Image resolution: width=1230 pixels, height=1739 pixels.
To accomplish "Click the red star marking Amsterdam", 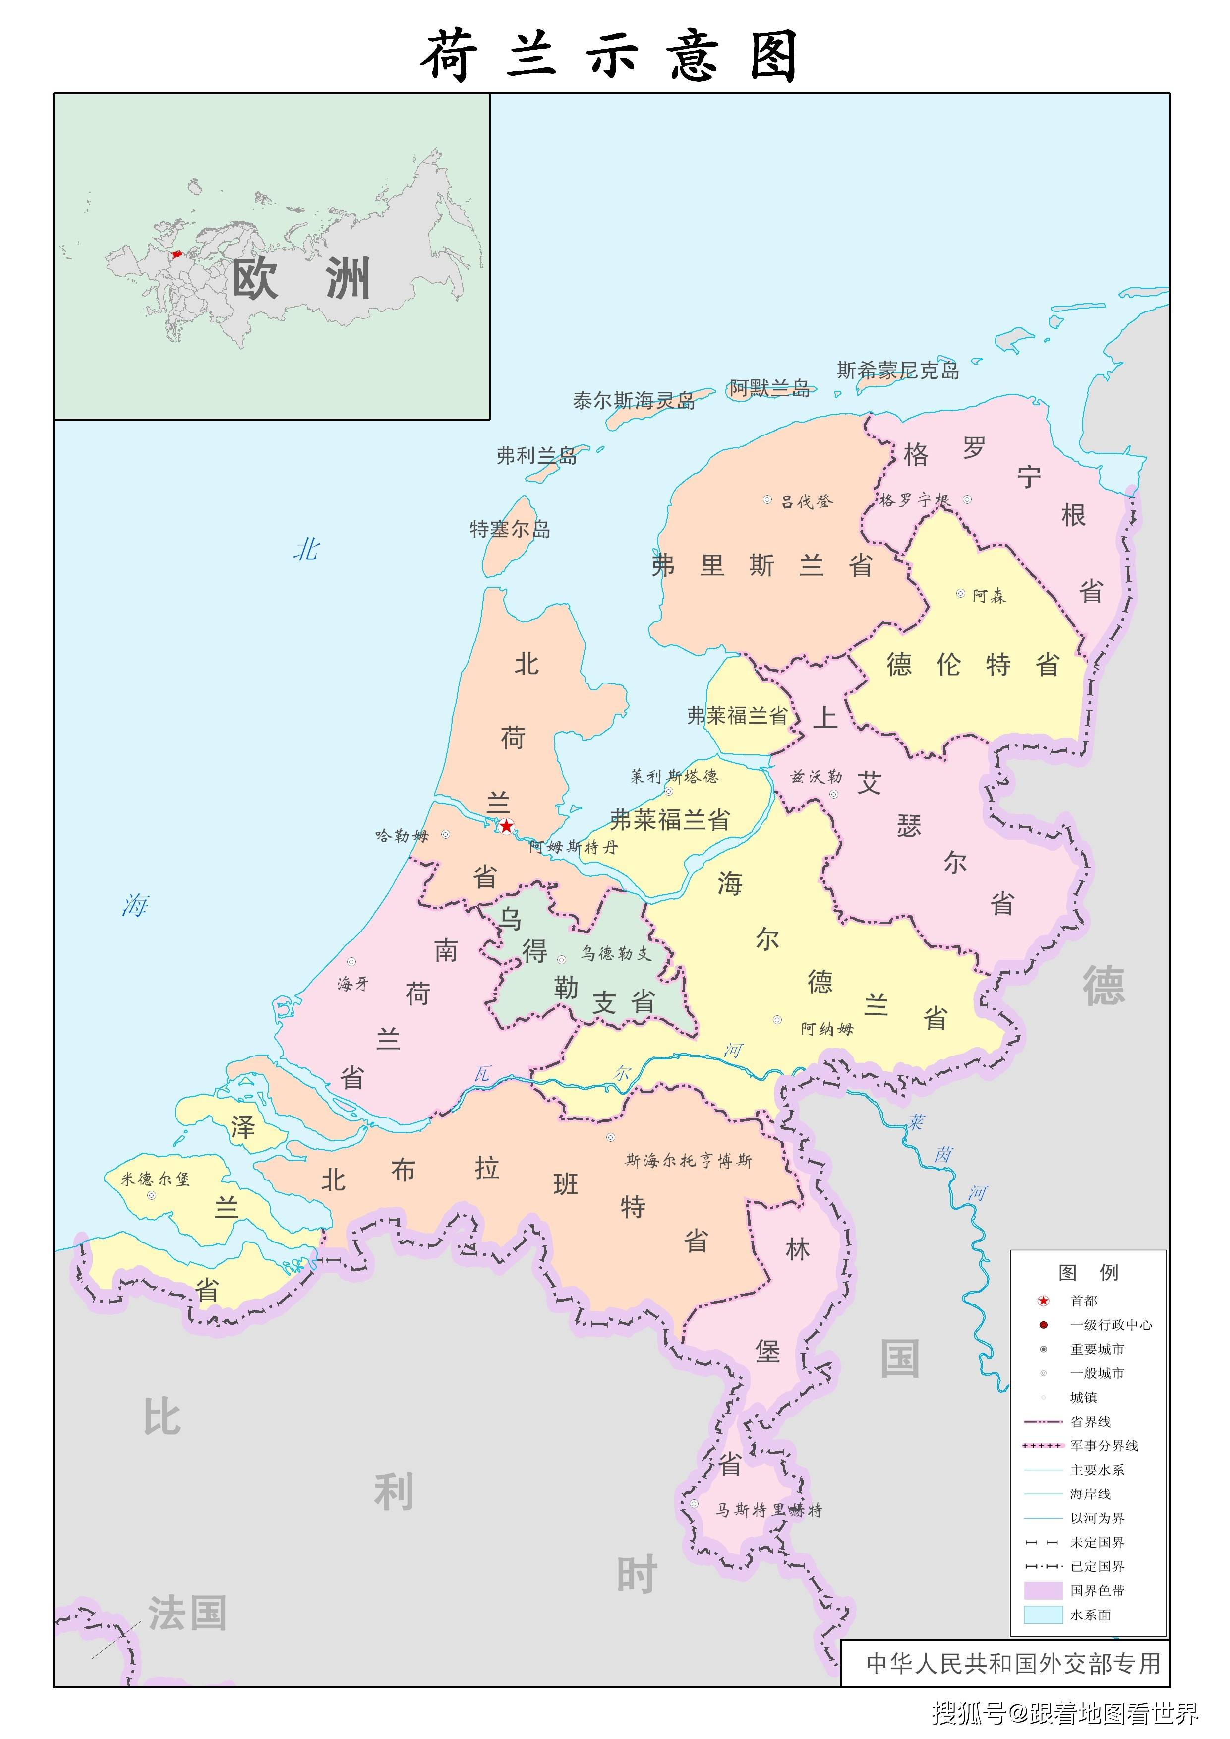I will [x=506, y=826].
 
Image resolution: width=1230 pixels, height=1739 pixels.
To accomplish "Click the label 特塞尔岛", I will [x=510, y=529].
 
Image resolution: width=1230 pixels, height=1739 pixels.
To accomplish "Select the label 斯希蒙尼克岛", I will [x=897, y=371].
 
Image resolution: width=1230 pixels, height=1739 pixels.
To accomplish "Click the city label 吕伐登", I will [x=807, y=501].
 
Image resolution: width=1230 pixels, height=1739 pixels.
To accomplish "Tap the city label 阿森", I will [x=989, y=596].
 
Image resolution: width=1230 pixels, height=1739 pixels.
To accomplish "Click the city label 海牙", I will [x=353, y=984].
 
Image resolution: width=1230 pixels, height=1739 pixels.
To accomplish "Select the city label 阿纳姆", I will [x=827, y=1028].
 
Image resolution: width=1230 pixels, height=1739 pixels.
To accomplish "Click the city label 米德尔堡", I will [x=155, y=1179].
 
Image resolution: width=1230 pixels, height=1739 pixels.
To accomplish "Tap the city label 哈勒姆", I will [x=402, y=836].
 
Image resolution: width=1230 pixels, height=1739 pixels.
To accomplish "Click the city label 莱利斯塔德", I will [x=674, y=776].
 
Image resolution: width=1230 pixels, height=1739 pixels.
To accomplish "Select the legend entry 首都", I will [x=1083, y=1301].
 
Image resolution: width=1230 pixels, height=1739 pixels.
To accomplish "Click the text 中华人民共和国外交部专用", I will [x=1013, y=1663].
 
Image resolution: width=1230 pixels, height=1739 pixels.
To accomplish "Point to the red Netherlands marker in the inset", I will [x=176, y=254].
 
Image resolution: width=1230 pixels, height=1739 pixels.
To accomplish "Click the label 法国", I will [x=187, y=1613].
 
